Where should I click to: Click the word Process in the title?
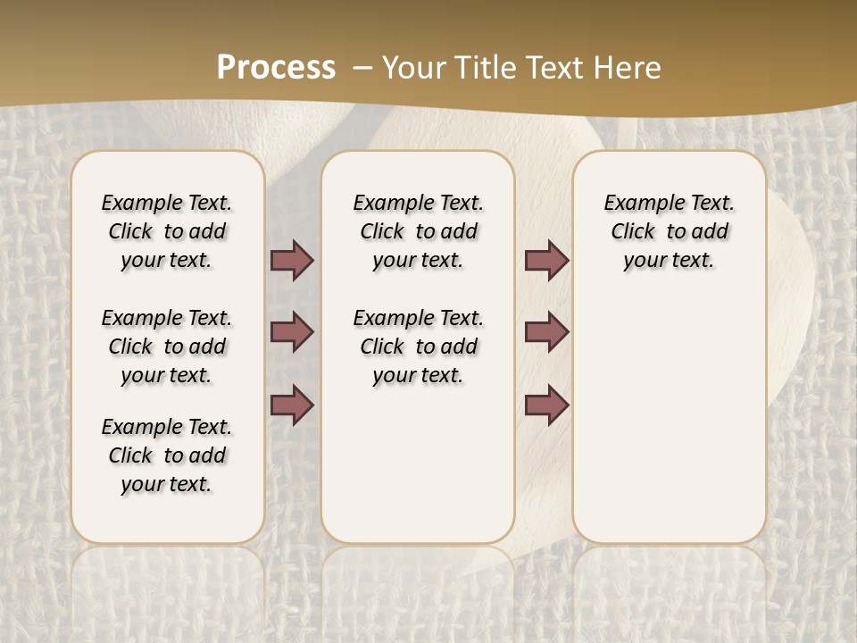276,67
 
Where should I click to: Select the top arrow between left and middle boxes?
292,261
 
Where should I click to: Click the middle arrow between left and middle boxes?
292,332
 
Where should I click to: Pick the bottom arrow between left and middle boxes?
292,405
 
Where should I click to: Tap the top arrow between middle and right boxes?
546,261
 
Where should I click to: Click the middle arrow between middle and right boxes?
546,332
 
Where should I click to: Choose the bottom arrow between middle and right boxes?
546,405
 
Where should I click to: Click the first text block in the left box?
167,231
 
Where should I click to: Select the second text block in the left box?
167,347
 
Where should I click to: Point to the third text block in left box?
167,455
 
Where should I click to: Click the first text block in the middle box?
419,231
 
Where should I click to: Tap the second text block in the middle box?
419,347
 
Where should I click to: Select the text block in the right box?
670,231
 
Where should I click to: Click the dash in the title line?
362,68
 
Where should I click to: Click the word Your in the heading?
414,68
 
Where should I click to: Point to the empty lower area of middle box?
419,464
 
